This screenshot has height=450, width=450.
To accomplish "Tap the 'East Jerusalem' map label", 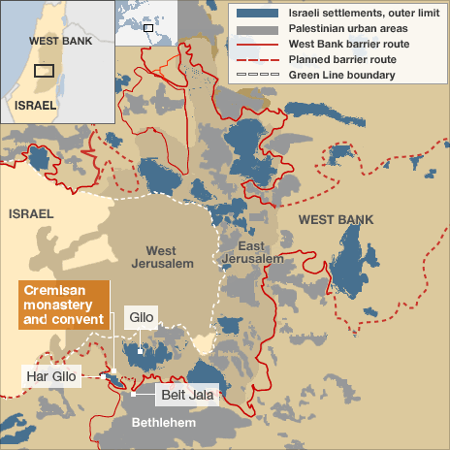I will click(x=251, y=252).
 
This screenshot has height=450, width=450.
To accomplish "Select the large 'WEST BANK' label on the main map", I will click(x=336, y=220).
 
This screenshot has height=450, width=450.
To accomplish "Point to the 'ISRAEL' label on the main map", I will click(x=31, y=212).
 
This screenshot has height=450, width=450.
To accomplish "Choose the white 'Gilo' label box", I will click(x=140, y=317).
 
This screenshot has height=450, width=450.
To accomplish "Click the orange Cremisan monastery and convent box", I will click(x=63, y=305).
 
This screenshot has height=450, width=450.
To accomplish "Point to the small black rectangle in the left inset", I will click(x=44, y=70).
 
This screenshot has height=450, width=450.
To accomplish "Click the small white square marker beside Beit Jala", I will click(x=131, y=394).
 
